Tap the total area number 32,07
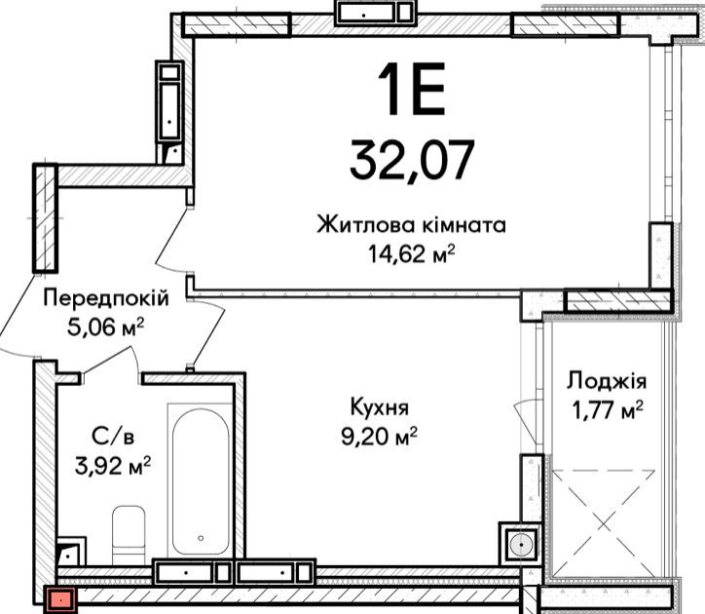tap(412, 157)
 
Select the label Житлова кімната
tap(411, 225)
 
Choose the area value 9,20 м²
tap(380, 436)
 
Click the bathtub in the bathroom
tap(200, 481)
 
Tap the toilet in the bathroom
tap(128, 531)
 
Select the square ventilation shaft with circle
tap(518, 543)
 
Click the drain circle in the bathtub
tap(201, 536)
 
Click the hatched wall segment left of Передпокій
tap(44, 218)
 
